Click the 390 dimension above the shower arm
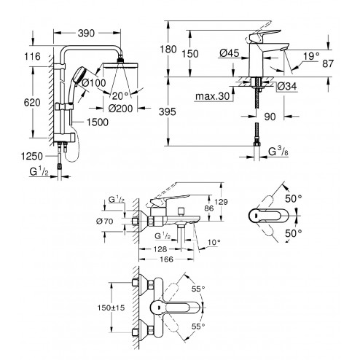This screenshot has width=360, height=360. (x=86, y=34)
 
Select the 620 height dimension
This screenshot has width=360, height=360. (x=32, y=103)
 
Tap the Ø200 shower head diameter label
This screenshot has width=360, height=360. (x=120, y=109)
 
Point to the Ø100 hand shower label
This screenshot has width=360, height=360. (x=94, y=83)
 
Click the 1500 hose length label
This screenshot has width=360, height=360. (x=98, y=122)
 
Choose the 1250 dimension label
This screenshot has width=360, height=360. (x=32, y=156)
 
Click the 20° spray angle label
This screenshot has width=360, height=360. (x=120, y=96)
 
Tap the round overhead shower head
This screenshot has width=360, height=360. (x=121, y=65)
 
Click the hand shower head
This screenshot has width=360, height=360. (x=80, y=74)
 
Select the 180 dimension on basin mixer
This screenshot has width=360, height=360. (x=168, y=50)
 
